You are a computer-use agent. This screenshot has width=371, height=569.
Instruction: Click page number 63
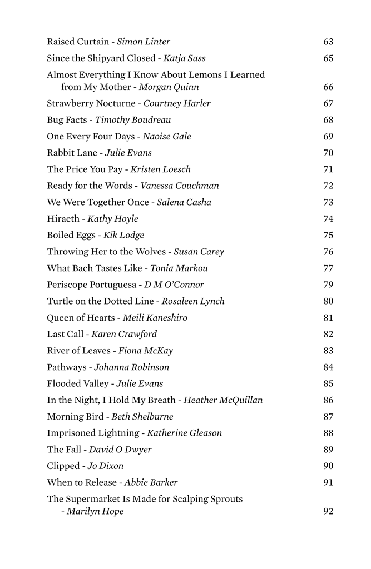click(328, 42)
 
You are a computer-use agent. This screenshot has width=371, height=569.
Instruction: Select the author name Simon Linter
click(144, 42)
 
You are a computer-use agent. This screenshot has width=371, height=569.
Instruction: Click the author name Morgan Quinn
click(169, 87)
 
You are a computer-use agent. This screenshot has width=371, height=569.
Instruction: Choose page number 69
click(328, 137)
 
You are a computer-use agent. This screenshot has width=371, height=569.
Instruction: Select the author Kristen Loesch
click(161, 169)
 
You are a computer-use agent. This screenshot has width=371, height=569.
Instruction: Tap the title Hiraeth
click(63, 219)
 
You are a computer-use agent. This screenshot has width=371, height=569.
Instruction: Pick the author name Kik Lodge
click(123, 236)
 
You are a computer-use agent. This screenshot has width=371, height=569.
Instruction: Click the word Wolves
click(151, 252)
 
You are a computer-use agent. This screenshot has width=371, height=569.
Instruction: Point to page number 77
click(328, 268)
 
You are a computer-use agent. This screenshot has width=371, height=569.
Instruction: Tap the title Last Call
click(65, 335)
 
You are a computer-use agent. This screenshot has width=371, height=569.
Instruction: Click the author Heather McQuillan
click(223, 400)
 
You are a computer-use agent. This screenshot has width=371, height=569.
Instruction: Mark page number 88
click(328, 433)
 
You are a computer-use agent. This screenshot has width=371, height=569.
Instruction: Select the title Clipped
click(63, 466)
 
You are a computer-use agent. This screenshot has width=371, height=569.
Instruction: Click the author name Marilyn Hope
click(95, 512)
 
